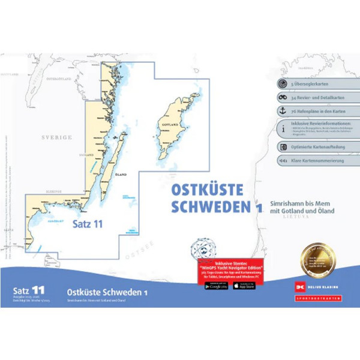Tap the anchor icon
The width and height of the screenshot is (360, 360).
(x=281, y=111)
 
